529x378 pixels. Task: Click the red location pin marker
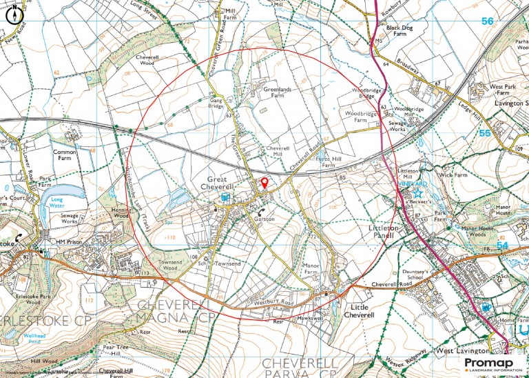click(263, 183)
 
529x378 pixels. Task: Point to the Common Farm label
click(63, 155)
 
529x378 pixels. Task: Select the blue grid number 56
click(487, 22)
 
